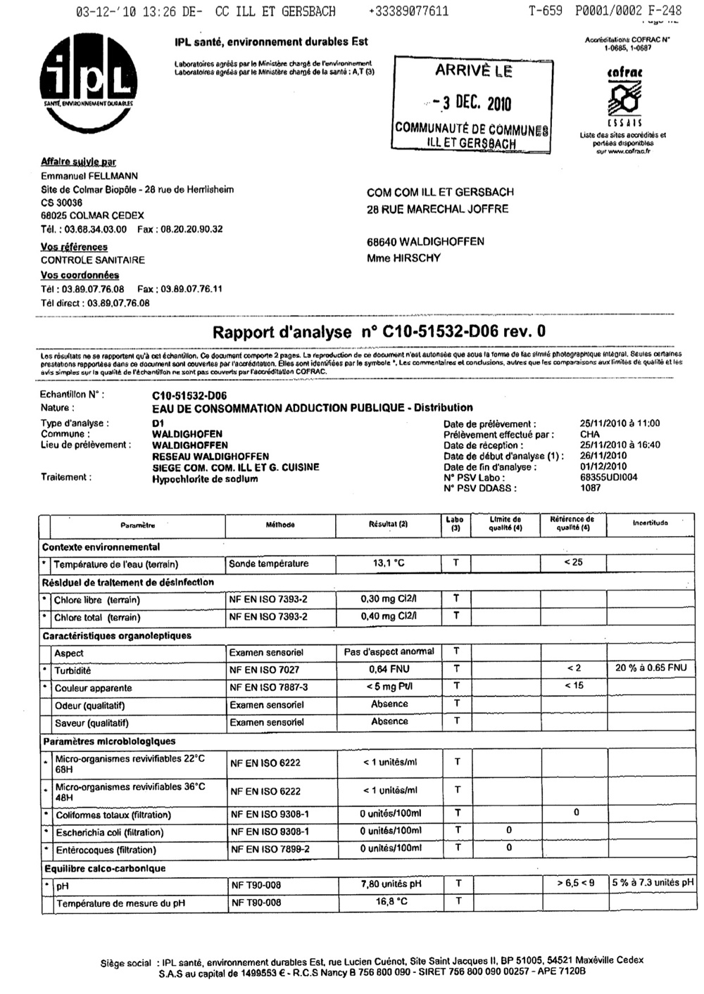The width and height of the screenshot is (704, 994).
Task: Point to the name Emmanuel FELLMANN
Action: point(89,176)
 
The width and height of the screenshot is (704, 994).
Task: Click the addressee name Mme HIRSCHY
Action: point(403,258)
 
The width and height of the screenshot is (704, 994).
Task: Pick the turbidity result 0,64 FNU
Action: point(389,669)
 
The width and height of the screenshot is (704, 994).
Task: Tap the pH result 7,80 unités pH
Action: point(391,884)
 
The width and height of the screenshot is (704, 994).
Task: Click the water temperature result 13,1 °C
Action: point(389,563)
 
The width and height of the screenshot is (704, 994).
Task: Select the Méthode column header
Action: point(280,525)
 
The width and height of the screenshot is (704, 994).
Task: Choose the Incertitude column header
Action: point(650,523)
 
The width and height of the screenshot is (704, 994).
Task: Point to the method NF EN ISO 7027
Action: point(264,670)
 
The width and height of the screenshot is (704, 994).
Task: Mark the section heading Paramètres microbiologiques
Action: point(109,741)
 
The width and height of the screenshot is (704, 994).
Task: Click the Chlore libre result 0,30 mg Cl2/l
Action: point(389,599)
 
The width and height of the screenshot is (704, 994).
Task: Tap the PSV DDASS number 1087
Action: point(590,488)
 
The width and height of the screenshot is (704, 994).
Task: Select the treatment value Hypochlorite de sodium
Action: point(205,479)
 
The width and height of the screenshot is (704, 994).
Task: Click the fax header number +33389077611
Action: point(408,11)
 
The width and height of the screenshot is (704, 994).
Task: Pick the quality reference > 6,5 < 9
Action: point(575,883)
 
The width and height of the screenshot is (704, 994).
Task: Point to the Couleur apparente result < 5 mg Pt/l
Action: point(389,687)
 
